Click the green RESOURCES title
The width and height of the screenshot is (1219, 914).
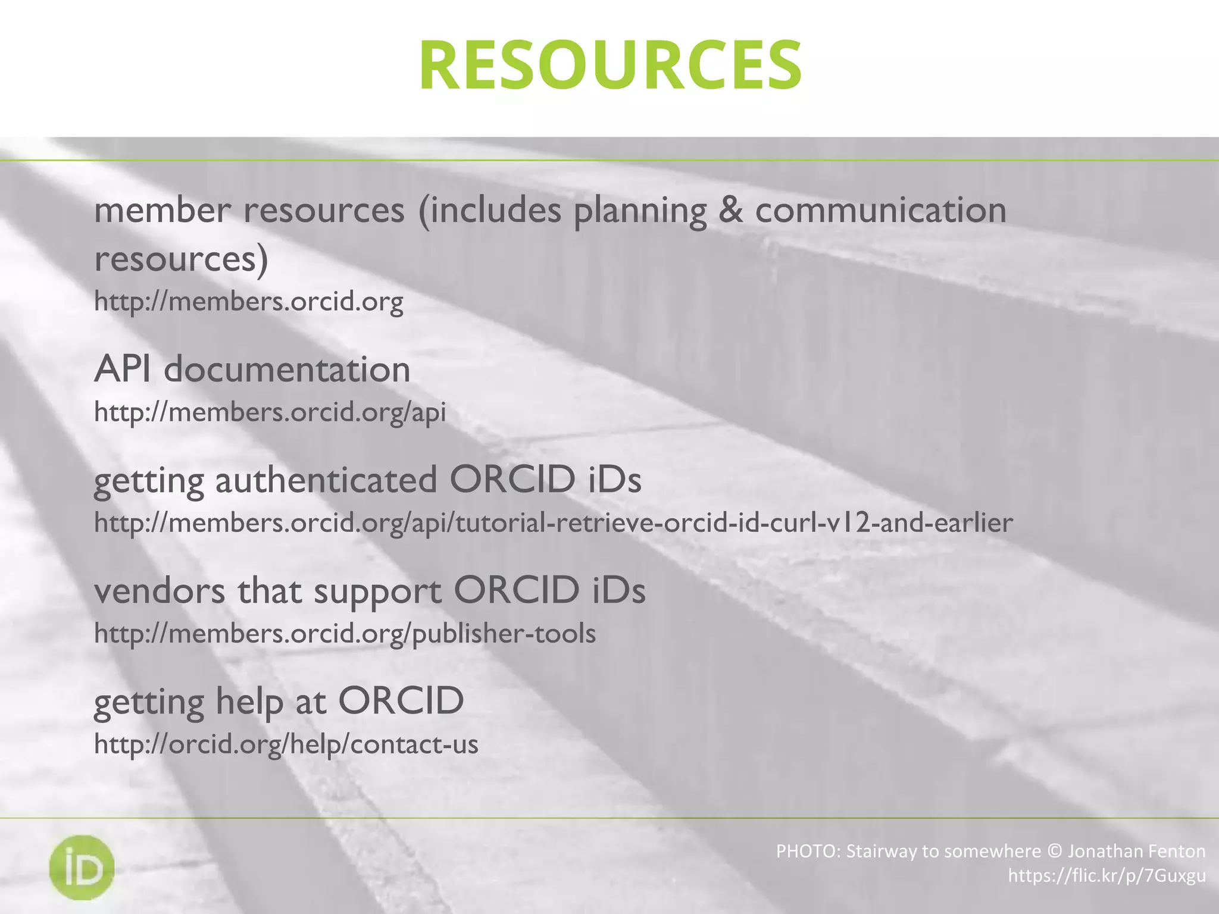610,64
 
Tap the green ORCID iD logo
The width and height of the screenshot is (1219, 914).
82,867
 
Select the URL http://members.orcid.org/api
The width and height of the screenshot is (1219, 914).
270,412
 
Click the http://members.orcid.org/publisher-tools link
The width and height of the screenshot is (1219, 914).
345,633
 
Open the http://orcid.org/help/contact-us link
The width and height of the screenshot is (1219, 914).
286,744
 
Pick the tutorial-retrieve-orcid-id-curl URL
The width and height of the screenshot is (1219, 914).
554,522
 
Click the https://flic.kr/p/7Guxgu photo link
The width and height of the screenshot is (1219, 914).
1107,876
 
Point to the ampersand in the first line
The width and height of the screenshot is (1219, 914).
730,210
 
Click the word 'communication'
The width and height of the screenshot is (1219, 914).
880,210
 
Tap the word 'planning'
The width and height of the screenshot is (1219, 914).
640,212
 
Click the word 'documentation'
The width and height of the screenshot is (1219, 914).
287,369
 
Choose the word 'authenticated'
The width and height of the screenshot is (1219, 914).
326,480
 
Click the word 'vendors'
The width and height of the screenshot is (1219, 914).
160,590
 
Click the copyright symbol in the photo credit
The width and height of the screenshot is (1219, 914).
1054,852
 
